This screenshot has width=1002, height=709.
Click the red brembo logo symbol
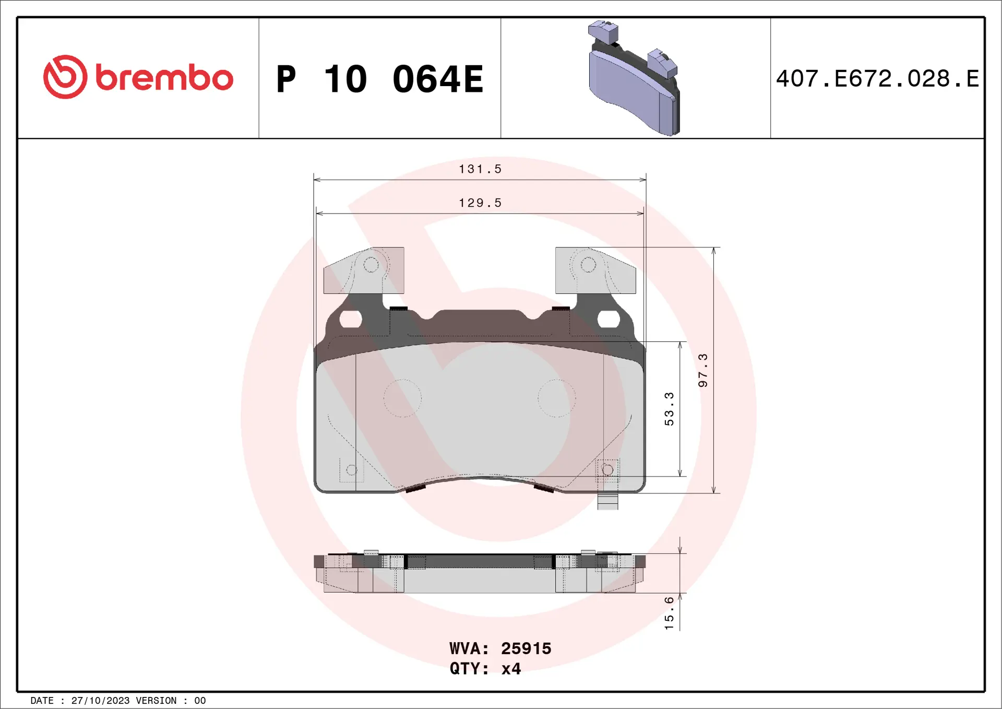pos(65,77)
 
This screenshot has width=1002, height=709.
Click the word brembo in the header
pos(164,78)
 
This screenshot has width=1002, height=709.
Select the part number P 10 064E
pos(379,79)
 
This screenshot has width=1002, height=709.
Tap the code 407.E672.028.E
pos(877,79)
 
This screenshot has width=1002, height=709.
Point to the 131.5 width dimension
pos(480,169)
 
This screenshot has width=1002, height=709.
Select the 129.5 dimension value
pos(480,203)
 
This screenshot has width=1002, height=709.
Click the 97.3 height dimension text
pos(703,370)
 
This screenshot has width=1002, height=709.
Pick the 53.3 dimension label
pos(669,409)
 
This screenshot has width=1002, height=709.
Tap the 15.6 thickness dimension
pos(669,613)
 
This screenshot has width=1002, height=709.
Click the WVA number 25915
pos(526,648)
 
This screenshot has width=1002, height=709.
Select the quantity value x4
pos(511,669)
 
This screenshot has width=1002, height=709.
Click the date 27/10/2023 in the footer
pos(100,701)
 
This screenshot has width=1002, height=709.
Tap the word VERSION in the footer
pos(156,701)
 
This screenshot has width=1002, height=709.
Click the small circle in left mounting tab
pos(371,265)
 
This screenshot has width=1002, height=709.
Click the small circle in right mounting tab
pos(588,265)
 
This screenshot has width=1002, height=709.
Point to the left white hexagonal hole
pos(351,319)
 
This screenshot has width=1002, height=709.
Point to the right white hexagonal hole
pos(609,319)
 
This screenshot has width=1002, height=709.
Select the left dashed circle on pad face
pos(402,398)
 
